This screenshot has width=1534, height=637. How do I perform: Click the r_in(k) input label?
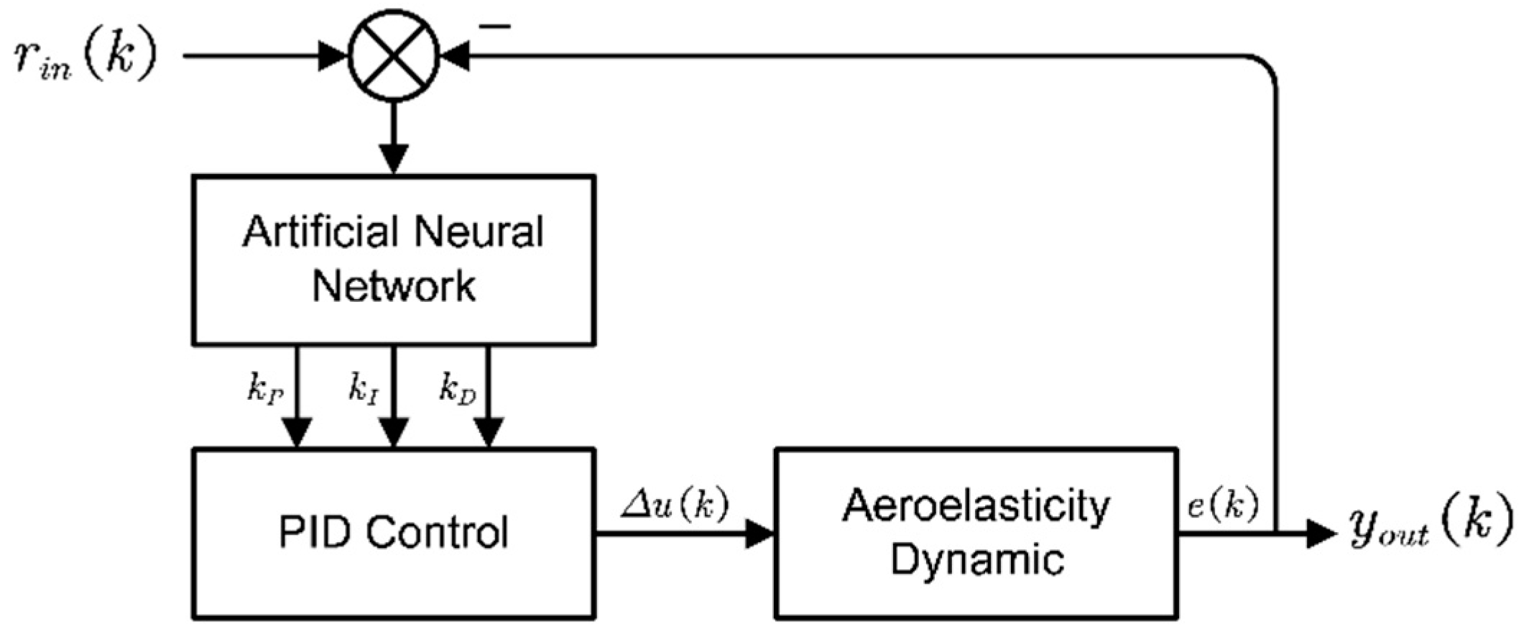85,56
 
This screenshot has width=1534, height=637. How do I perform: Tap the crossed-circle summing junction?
394,56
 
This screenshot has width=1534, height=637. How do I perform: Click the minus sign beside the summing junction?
495,27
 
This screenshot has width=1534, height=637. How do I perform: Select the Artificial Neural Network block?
394,260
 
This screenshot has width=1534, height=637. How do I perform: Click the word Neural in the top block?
479,232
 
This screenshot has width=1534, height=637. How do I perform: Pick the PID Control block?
394,533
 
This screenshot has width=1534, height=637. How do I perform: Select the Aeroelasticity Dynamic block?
976,533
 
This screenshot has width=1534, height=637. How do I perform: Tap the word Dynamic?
977,559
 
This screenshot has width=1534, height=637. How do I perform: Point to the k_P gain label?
265,390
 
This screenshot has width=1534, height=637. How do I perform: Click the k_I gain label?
364,388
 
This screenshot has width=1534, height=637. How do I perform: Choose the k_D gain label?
458,390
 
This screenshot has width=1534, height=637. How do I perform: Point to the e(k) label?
1222,505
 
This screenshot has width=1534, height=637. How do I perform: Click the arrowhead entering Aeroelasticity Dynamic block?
759,533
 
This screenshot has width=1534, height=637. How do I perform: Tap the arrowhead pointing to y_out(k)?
1321,533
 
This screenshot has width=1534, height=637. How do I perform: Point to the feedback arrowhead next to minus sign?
455,56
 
